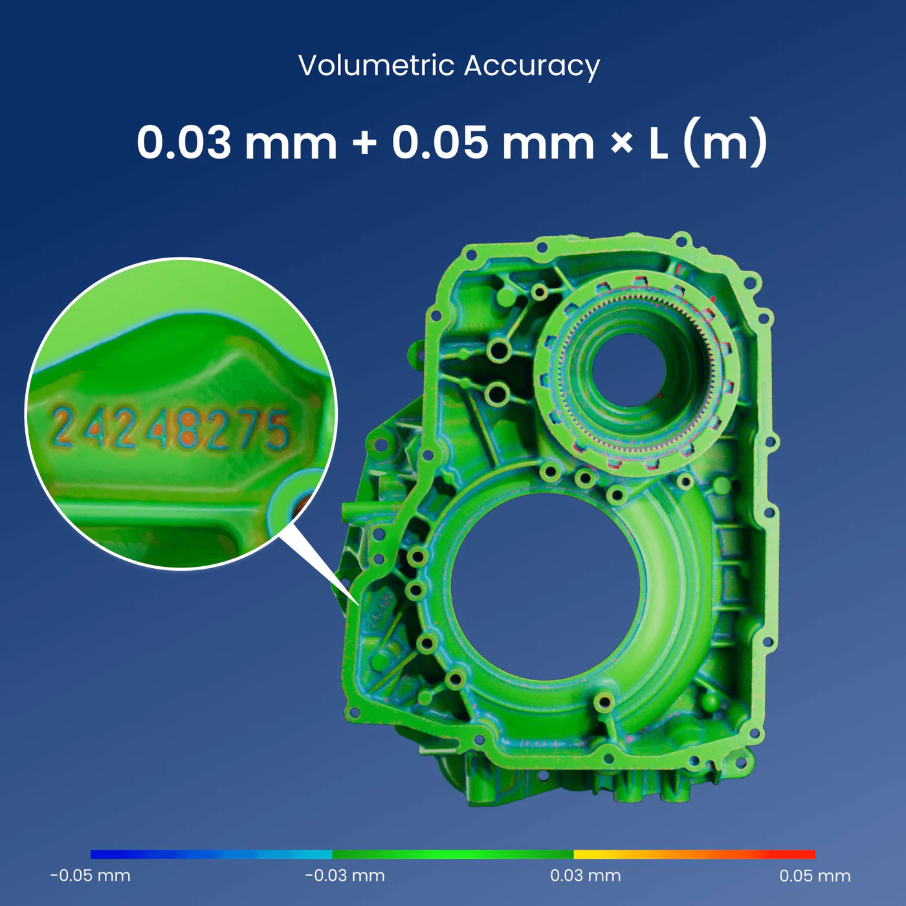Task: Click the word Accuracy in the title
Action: click(532, 66)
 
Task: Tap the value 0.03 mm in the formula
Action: click(236, 142)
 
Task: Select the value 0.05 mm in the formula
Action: click(493, 142)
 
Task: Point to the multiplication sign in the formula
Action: click(621, 143)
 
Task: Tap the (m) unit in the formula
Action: click(725, 142)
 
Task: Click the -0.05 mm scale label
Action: click(90, 875)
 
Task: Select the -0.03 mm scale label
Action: click(345, 875)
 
